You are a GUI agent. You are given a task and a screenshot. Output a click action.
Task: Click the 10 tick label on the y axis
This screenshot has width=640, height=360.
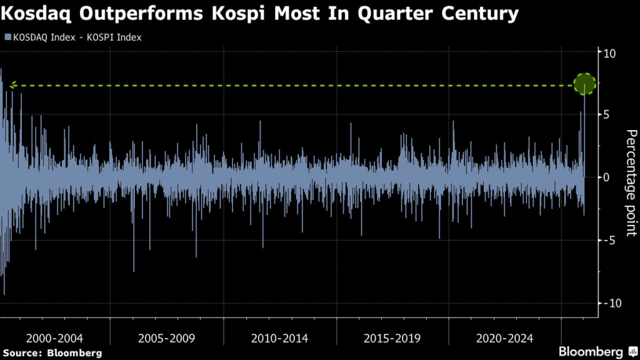[x=609, y=53]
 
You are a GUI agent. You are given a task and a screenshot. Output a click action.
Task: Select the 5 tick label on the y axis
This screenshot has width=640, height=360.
[x=606, y=115]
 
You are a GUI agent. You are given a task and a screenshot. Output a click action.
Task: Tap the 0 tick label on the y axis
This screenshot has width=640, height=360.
[x=606, y=177]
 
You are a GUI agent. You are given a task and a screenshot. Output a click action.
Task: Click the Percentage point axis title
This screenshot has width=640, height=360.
[x=631, y=182]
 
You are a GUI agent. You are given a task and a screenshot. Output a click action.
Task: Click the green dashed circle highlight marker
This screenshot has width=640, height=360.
[x=585, y=84]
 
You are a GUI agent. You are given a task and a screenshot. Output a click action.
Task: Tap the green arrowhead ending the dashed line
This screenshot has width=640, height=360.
[x=12, y=86]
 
